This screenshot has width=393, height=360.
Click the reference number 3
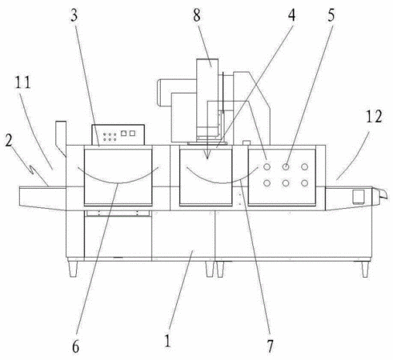coord(74,15)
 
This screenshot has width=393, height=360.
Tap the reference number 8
coord(197,15)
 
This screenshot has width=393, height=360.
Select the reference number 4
coord(291,15)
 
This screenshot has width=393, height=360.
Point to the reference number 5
coord(331,15)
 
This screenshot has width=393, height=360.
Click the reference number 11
coord(22,82)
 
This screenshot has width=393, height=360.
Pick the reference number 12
coord(374,116)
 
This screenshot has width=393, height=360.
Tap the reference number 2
coord(9,140)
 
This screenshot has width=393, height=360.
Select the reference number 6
coord(76,347)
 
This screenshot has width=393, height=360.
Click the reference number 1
coord(167,341)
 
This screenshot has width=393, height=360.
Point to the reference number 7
coord(271,346)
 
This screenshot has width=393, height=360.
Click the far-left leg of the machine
coord(73,269)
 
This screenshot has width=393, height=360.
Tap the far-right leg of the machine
coord(365,269)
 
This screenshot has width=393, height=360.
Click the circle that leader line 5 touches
coord(286,166)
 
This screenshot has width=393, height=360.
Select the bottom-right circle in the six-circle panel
coord(304,183)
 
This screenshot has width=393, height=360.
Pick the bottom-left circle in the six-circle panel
coord(267,183)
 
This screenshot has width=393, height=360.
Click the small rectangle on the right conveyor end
coord(359,197)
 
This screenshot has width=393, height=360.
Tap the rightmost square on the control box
coord(132,133)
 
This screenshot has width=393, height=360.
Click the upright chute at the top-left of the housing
coord(61,138)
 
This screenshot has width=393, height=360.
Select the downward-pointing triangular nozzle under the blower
coord(207,154)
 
